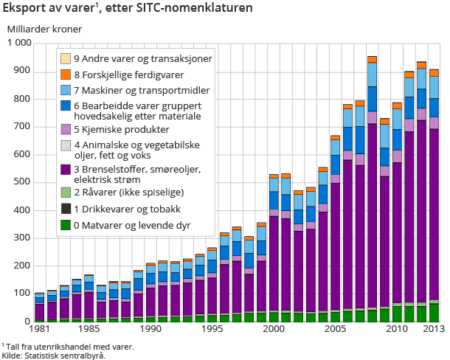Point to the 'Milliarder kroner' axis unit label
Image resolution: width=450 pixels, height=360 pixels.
pyautogui.click(x=44, y=30)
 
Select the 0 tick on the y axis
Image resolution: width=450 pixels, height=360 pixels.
pyautogui.click(x=28, y=322)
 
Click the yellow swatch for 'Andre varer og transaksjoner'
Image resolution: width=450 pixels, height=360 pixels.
pyautogui.click(x=66, y=58)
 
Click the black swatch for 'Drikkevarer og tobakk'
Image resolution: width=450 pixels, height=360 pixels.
pyautogui.click(x=66, y=209)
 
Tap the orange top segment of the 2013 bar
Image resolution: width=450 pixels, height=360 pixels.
pyautogui.click(x=435, y=72)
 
